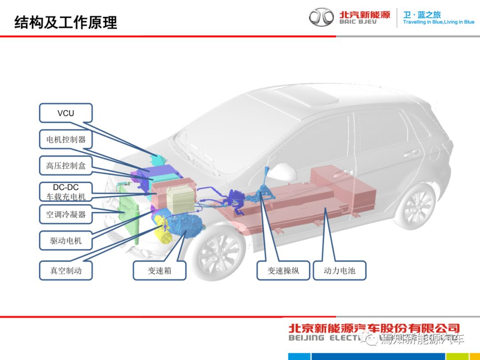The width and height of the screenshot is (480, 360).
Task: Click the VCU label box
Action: coord(66,113)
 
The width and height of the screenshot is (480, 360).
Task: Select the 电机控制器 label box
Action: coord(66,139)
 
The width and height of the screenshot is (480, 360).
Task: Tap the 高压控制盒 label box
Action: coord(66,166)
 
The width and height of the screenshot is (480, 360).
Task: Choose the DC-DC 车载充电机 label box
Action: coord(66,192)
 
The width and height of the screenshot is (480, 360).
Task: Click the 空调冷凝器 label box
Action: coord(66,215)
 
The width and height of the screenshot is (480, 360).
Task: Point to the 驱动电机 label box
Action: coord(66,241)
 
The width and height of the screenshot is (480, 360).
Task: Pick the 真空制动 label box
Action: coord(66,270)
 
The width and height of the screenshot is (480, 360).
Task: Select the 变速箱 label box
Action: coord(160,270)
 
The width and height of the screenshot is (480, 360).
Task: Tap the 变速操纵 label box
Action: coord(283,270)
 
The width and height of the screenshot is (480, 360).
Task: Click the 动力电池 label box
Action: coord(340,270)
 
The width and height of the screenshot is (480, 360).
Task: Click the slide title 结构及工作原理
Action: coord(66,22)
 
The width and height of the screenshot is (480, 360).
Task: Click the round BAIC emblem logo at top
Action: coord(321,17)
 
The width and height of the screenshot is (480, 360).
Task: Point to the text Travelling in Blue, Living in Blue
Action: coord(438,22)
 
